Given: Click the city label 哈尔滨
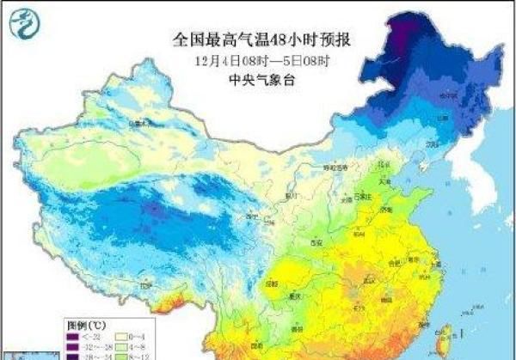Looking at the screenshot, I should pyautogui.click(x=448, y=95).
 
